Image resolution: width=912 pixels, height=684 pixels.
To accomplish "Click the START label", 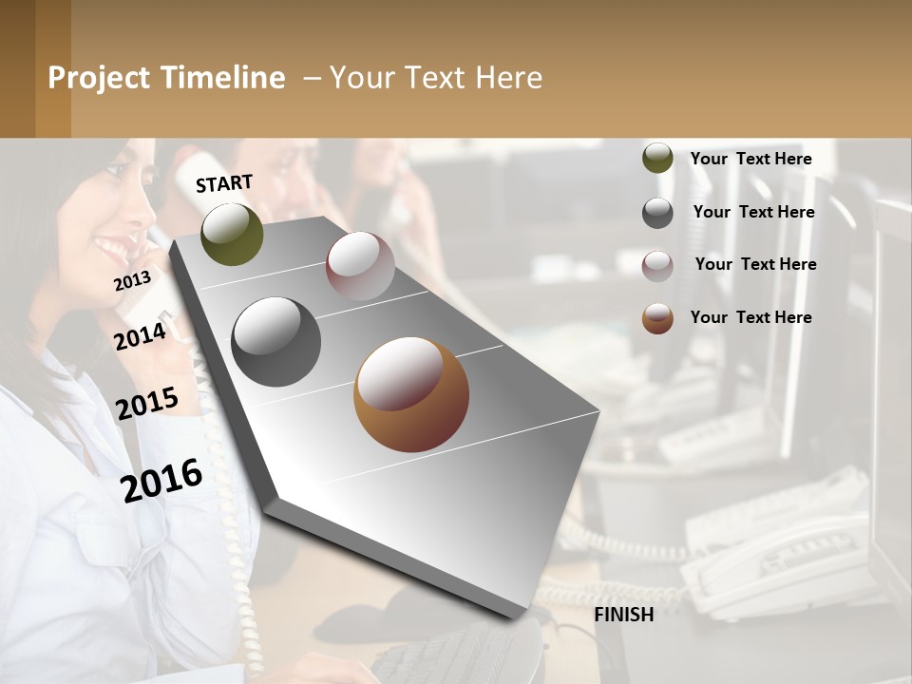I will [x=224, y=183].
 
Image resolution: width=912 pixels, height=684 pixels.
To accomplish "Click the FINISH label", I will [x=623, y=615].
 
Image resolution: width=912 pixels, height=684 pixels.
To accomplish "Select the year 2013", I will [x=132, y=281].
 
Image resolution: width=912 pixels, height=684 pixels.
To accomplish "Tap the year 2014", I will [x=140, y=336].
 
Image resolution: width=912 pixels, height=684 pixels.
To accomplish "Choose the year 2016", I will [x=161, y=480].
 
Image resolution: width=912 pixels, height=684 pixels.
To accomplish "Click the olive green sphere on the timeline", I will [x=232, y=234].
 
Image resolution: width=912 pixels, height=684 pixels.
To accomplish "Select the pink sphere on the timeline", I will [x=360, y=266].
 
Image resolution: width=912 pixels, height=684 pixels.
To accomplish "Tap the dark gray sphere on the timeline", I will [x=276, y=342].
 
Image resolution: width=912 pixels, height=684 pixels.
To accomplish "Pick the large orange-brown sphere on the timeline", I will [x=411, y=394].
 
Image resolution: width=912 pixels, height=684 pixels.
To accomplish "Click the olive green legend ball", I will [x=657, y=159].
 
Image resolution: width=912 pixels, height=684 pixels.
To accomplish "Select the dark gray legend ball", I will [x=657, y=213].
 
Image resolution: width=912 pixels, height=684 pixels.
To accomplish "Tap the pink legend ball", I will [x=657, y=265].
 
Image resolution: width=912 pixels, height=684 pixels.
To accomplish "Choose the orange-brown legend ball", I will [x=657, y=318].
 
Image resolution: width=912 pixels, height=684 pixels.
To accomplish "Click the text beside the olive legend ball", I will [x=750, y=159].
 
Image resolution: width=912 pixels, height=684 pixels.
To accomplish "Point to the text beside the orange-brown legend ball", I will [x=750, y=317].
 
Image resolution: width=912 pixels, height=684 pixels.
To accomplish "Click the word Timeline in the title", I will [x=223, y=78].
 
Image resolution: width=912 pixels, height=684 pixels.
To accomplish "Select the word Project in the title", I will [x=100, y=78].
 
